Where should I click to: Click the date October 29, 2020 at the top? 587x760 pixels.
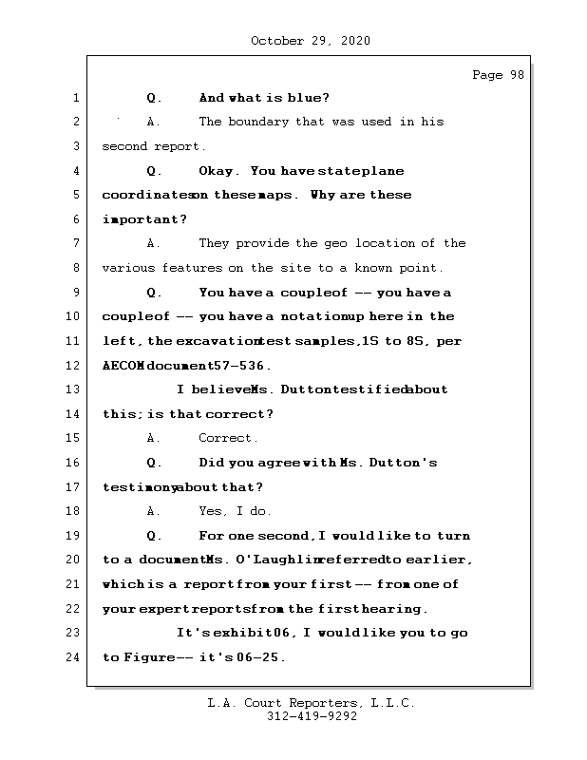tap(310, 41)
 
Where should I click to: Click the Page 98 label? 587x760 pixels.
tap(498, 75)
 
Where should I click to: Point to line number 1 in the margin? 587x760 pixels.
tap(76, 98)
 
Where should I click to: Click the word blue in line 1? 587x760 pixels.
tap(306, 98)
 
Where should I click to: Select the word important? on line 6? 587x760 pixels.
tap(144, 219)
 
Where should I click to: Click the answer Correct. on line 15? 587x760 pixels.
tap(228, 438)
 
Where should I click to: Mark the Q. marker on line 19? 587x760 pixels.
tap(155, 536)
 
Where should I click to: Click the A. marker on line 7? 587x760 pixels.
tap(155, 243)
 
